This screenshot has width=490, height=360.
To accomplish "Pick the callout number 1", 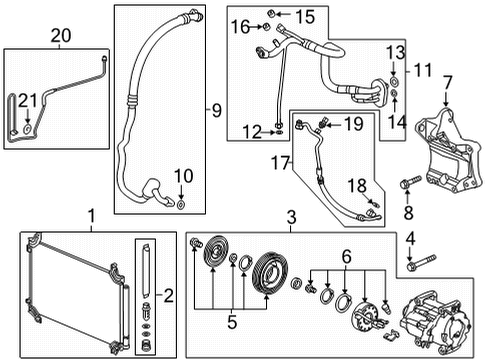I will (x=91, y=215).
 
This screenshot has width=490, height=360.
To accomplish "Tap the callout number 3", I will (x=292, y=216).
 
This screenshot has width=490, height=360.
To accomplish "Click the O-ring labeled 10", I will (x=180, y=206).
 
